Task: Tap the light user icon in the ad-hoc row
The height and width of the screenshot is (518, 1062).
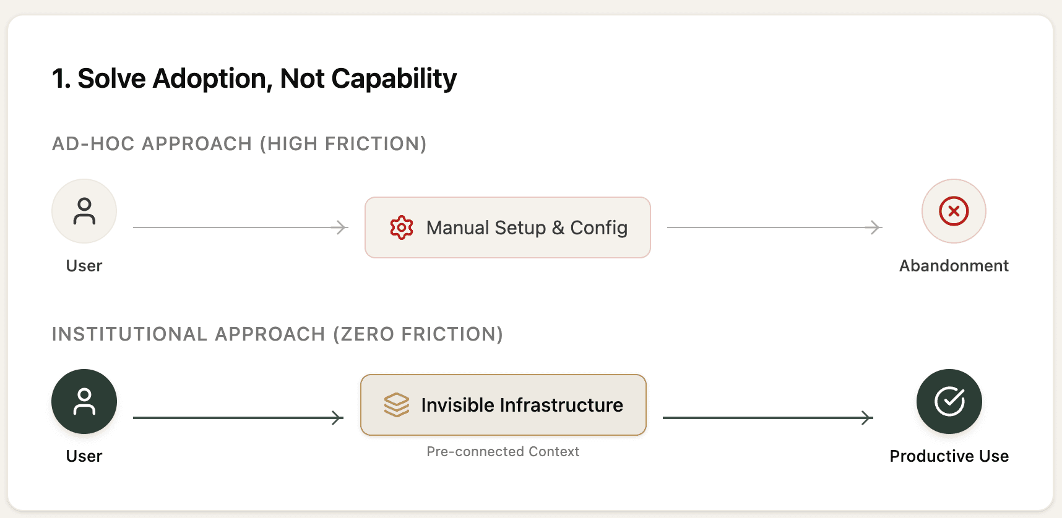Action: click(84, 211)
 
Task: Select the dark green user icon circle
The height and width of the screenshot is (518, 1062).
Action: click(84, 401)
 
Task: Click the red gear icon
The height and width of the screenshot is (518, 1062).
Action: click(402, 227)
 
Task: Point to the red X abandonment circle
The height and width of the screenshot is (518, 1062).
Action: click(954, 211)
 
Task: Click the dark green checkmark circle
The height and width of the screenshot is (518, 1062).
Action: click(949, 401)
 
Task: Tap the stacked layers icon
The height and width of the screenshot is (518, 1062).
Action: click(397, 405)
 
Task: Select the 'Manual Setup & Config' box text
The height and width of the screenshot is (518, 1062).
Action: click(527, 228)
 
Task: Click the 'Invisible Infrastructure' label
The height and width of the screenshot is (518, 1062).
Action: click(522, 405)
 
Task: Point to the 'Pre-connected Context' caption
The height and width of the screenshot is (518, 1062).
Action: click(503, 452)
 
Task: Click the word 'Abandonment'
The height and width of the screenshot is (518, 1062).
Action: click(954, 266)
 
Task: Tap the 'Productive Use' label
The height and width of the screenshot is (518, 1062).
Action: click(949, 456)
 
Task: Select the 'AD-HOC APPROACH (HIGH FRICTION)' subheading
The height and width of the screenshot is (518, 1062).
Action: click(240, 144)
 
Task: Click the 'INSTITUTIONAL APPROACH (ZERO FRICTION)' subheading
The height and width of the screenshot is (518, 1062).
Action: click(277, 334)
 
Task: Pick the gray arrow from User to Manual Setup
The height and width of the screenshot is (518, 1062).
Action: click(241, 227)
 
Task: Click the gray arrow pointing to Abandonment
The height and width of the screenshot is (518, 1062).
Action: click(775, 227)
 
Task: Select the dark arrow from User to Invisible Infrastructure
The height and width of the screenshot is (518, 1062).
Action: click(238, 418)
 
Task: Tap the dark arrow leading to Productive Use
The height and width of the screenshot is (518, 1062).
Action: click(768, 418)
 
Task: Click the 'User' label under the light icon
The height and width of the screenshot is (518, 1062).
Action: click(84, 266)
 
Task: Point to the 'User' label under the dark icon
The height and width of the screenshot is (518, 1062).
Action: click(84, 456)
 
